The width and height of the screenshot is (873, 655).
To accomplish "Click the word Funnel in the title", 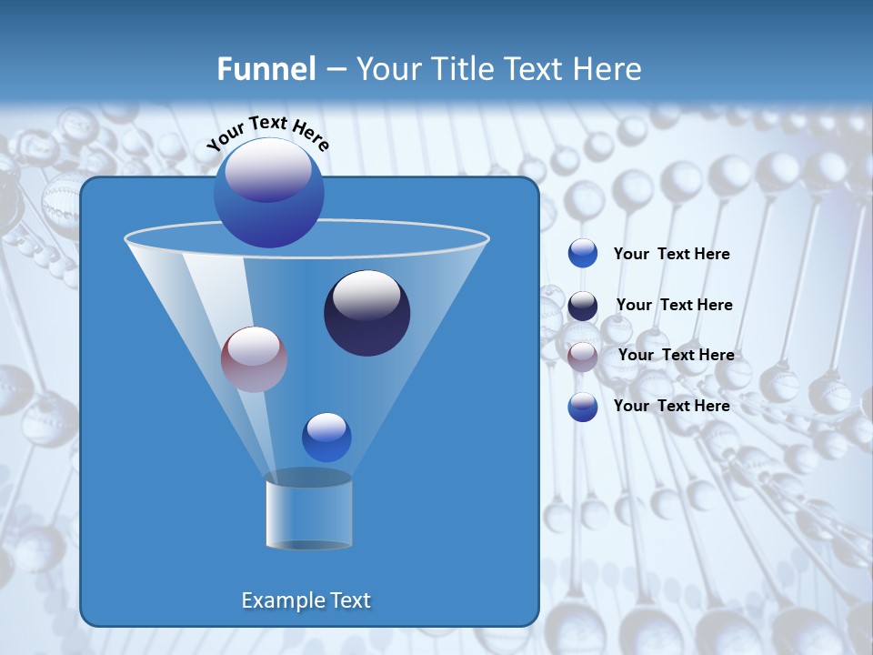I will tap(266, 69).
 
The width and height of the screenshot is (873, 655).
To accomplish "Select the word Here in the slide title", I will tap(609, 69).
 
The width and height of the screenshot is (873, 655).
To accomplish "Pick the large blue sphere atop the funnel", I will tap(269, 193).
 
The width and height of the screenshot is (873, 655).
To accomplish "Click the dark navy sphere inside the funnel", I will tap(367, 313).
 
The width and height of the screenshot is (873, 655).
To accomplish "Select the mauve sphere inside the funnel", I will tap(255, 359).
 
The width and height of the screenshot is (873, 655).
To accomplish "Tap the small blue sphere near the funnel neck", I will tap(326, 438).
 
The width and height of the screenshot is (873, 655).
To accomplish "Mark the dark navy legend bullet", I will tap(583, 306).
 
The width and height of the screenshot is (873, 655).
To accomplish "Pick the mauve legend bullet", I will tap(583, 357).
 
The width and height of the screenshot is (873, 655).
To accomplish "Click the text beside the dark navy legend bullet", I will tap(674, 305).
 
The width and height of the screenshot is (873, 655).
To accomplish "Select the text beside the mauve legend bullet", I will tap(676, 355).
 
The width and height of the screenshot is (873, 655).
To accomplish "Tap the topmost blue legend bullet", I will tap(583, 254).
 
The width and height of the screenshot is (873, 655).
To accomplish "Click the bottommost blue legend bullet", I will tap(583, 407).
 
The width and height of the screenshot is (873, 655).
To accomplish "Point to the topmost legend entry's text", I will tap(671, 255).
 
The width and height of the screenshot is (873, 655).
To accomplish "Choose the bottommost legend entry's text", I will tap(671, 406).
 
